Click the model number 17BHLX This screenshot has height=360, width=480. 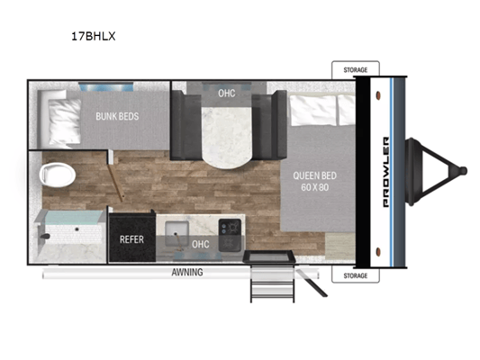click(94, 36)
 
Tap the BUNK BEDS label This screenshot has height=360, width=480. click(117, 116)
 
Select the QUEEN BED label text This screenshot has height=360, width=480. click(314, 175)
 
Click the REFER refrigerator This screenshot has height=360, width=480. click(132, 238)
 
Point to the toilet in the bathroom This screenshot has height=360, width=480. click(58, 175)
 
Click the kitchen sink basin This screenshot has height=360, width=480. click(177, 233)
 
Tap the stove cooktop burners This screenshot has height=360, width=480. click(230, 235)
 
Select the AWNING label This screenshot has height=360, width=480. click(187, 272)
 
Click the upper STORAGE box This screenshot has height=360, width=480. click(356, 69)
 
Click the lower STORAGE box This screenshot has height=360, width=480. click(356, 275)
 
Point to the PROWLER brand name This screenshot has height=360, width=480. click(386, 172)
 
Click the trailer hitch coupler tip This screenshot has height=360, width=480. click(464, 171)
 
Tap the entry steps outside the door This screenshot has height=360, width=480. click(273, 283)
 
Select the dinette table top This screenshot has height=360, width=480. click(227, 136)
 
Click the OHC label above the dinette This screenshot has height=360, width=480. click(227, 93)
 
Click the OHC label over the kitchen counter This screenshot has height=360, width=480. click(201, 244)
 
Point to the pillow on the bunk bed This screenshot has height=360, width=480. click(65, 121)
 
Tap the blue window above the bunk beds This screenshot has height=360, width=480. click(106, 86)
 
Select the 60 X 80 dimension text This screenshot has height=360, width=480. click(315, 187)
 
